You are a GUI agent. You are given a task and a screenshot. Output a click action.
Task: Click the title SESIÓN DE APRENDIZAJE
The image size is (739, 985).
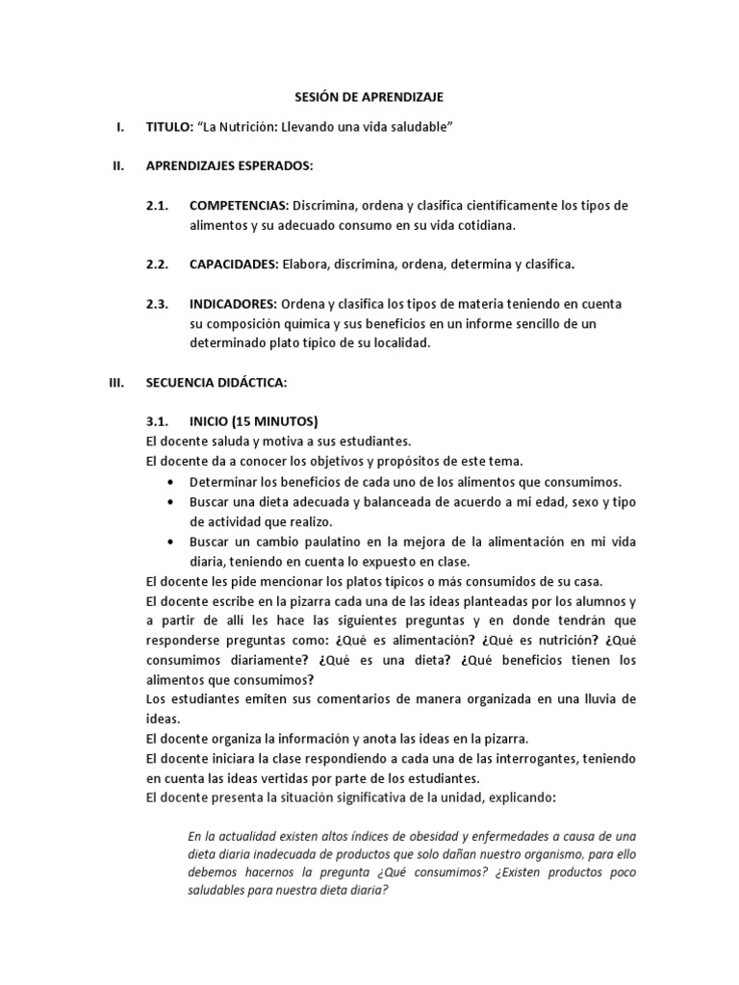(x=369, y=97)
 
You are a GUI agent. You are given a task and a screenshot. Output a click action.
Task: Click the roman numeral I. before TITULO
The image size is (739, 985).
(x=118, y=128)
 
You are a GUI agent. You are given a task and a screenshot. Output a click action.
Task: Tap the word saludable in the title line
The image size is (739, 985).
(x=417, y=128)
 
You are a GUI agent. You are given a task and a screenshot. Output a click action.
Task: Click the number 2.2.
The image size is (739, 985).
(x=158, y=265)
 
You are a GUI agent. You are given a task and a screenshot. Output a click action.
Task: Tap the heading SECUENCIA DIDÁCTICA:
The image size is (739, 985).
(x=217, y=382)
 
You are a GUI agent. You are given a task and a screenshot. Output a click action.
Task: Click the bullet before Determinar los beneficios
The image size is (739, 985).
(x=170, y=482)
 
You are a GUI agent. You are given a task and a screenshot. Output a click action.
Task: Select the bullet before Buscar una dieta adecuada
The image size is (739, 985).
(x=170, y=502)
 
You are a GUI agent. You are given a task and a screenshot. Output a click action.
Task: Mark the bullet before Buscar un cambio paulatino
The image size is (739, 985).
(x=170, y=543)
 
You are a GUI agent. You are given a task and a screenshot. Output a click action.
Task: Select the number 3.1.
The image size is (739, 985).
(x=158, y=421)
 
